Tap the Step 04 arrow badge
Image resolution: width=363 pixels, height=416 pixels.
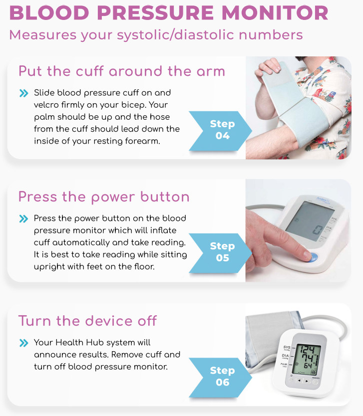220,131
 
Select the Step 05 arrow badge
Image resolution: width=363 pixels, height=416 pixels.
220,253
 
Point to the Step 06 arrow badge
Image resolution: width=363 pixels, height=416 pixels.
220,377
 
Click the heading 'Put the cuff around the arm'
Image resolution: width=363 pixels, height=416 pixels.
122,71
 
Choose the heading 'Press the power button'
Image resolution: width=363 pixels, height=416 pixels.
104,197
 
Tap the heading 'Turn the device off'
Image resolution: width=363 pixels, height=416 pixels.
88,321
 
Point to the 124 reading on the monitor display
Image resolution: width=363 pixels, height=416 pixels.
307,349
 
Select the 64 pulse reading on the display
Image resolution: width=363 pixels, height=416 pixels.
308,366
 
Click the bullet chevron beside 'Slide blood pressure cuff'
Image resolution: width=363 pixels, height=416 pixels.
23,93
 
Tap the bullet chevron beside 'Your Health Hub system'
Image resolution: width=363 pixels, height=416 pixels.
23,343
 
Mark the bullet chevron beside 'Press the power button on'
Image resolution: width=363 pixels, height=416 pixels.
23,218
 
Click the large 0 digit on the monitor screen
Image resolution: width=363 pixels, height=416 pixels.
318,230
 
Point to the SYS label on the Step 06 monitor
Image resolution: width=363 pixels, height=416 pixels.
287,347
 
